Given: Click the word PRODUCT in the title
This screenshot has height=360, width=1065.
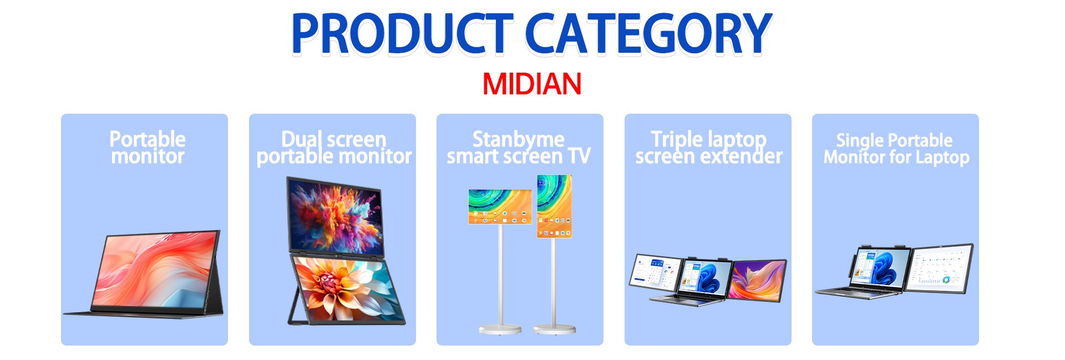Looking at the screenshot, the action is [402, 34].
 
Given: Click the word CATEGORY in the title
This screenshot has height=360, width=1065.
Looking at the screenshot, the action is [648, 34].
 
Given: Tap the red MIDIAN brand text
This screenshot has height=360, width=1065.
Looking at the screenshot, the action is [532, 84].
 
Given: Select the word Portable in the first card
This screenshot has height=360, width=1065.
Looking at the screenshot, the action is [148, 139].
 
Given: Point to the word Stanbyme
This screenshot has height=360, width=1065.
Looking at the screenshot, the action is [518, 139].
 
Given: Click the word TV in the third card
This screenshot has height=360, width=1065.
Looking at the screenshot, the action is [579, 156].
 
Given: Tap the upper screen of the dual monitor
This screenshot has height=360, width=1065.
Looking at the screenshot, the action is [335, 215].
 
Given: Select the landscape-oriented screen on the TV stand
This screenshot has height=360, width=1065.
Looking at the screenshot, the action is [500, 207].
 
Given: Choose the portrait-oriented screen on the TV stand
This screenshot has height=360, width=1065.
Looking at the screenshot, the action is [554, 206].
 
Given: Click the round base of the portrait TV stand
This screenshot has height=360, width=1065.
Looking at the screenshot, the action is [554, 329].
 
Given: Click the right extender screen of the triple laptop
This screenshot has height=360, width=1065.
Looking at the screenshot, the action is [757, 280].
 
